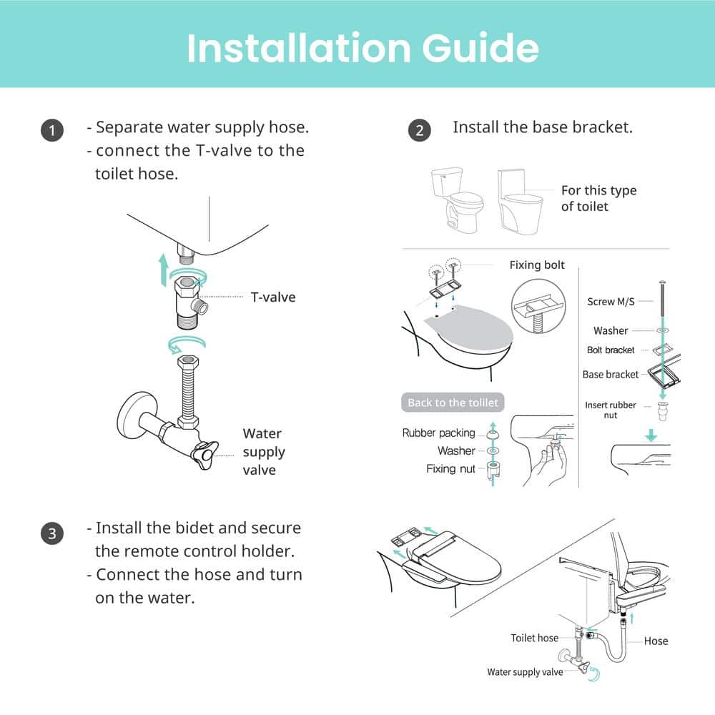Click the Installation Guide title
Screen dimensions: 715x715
point(363,46)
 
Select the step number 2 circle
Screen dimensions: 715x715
point(420,130)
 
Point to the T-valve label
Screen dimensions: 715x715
point(272,297)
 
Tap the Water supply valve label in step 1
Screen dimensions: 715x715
point(263,451)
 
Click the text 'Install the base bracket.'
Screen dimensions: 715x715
point(543,127)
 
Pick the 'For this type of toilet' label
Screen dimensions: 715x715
point(598,198)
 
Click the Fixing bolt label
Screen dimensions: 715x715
point(536,265)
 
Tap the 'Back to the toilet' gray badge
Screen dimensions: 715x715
point(453,403)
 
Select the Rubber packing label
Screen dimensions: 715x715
point(438,433)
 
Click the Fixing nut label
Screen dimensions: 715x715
point(450,469)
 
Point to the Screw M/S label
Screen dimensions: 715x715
point(611,302)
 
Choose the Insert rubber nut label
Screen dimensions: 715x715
point(610,410)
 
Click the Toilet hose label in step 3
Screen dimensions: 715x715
point(534,638)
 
